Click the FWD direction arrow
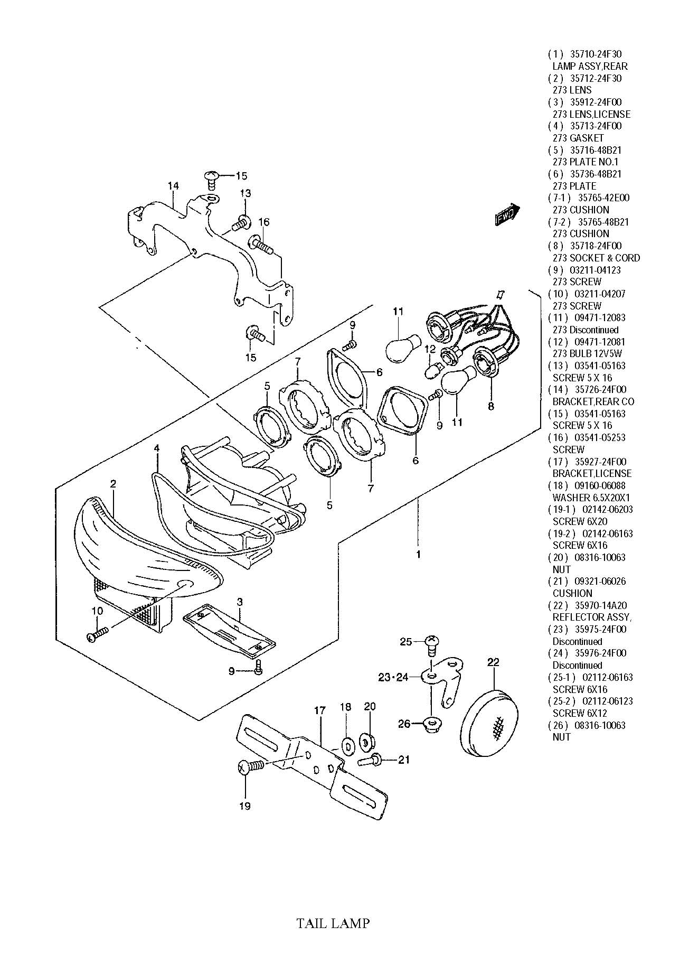tap(507, 214)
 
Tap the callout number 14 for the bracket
tap(173, 186)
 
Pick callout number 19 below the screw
tap(244, 806)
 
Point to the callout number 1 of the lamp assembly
tap(418, 555)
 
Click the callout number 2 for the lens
tap(113, 483)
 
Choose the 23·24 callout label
tap(393, 677)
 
